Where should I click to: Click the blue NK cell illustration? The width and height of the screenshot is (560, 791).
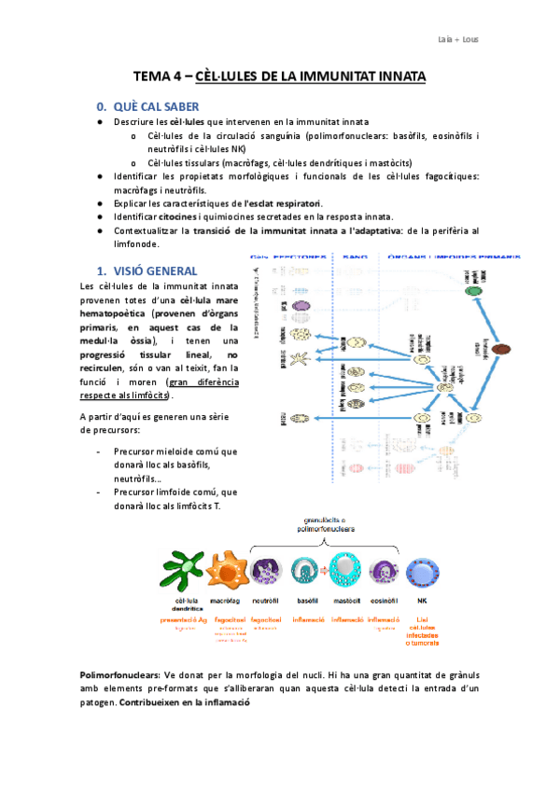point(421,572)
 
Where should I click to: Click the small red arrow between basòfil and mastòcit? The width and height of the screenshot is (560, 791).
point(324,571)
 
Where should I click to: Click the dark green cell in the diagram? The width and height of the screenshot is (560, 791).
point(474,291)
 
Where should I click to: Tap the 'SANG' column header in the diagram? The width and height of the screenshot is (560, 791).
point(356,256)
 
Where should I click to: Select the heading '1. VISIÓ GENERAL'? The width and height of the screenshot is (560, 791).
point(144,271)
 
